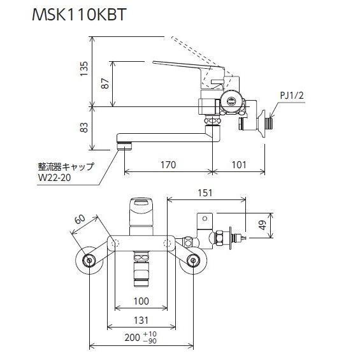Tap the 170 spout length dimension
click(168, 165)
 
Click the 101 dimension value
click(238, 165)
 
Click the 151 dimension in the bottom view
click(205, 192)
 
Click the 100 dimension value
click(141, 301)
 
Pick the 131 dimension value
click(141, 322)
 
